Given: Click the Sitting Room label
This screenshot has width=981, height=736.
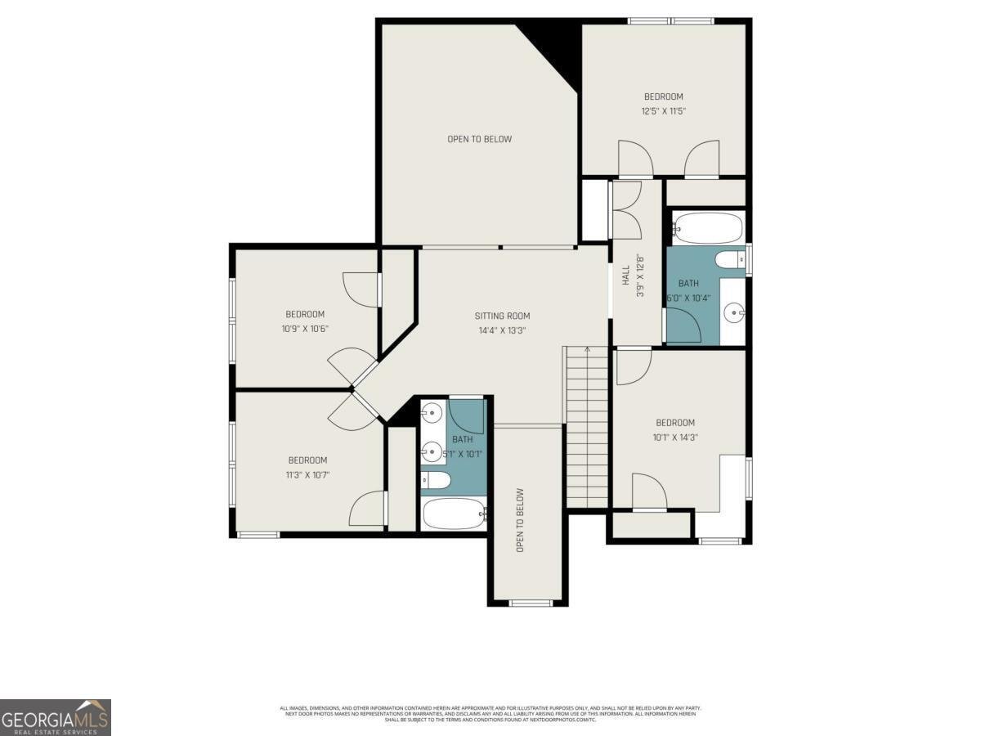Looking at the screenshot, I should coord(502,316).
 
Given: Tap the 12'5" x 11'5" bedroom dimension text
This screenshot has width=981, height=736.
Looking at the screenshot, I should coord(662,110).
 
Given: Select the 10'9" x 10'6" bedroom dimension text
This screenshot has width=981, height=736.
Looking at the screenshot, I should coord(305,329).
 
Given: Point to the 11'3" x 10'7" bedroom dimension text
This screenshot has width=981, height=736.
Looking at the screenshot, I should coord(307,474).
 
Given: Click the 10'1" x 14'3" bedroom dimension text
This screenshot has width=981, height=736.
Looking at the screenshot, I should coord(675,437).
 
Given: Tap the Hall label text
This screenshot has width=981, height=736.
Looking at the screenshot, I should coord(626,274).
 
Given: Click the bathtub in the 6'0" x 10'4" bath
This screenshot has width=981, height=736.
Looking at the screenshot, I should coord(708,228).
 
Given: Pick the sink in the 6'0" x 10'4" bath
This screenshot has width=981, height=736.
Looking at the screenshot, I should coord(735,312).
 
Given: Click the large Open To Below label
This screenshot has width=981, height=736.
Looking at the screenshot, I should coord(479,139).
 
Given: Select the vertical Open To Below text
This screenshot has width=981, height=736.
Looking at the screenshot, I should coord(520,520).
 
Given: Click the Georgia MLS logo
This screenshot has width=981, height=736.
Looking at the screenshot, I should coord(55,717).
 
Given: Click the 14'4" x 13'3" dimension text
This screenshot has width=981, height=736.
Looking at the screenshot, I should coord(502,330).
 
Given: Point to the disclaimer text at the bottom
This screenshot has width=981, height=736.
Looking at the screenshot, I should coord(490,713).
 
